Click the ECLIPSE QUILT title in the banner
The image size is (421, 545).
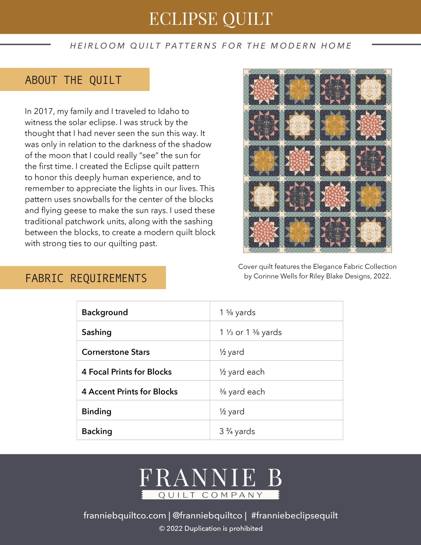tap(211, 19)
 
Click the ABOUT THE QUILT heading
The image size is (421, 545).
tap(73, 80)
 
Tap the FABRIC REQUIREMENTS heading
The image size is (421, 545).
tap(86, 278)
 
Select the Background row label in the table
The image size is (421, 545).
tap(105, 312)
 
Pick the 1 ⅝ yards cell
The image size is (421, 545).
tap(237, 312)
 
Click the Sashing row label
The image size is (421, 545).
tap(96, 332)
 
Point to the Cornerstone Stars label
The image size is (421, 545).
tap(116, 352)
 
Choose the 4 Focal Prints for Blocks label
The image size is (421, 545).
tap(127, 372)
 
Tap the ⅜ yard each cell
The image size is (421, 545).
tap(242, 391)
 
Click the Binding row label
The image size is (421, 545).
tap(96, 411)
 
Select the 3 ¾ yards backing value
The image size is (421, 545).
tap(237, 431)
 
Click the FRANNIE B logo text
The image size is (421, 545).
tap(210, 478)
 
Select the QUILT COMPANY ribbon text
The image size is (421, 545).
tap(210, 495)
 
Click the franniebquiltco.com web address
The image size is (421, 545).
tap(125, 515)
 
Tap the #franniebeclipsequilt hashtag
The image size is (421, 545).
tap(294, 515)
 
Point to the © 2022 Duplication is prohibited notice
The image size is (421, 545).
tap(211, 528)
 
